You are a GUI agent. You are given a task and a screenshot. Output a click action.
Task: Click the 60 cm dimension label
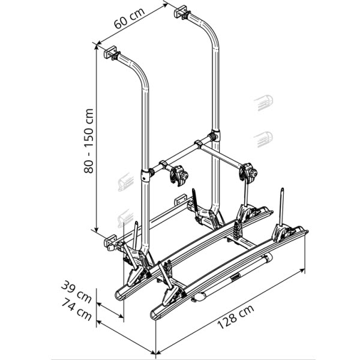[x=129, y=18]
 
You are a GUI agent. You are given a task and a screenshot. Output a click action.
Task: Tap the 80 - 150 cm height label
[x=89, y=141]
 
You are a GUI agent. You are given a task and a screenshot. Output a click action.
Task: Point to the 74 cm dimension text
[x=77, y=309]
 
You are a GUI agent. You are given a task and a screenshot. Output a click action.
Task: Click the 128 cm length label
[x=236, y=317]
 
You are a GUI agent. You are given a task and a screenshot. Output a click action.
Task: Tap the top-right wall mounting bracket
[x=182, y=12]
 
